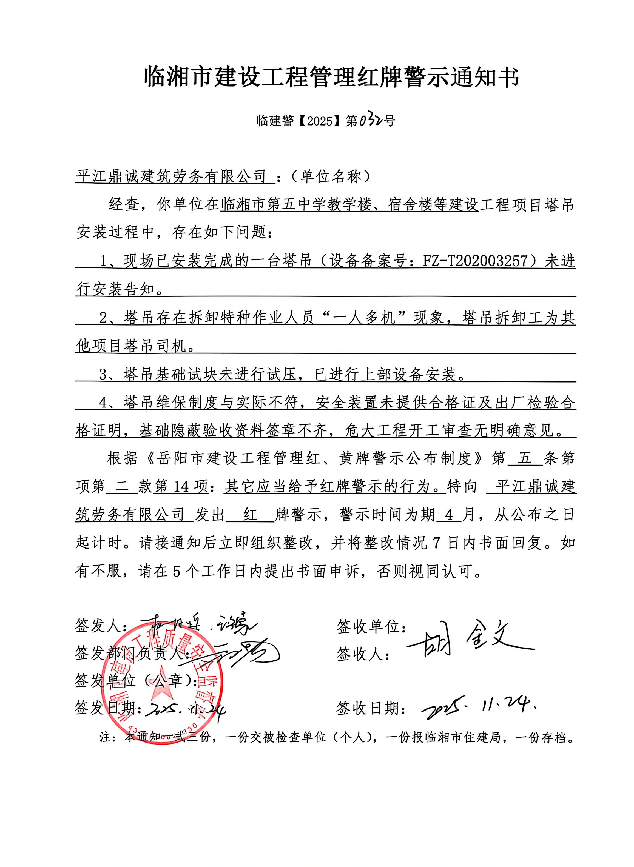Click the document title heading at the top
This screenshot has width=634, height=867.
(331, 77)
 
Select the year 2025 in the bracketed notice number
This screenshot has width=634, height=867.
(320, 121)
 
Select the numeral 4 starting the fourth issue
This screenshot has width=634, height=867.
(103, 403)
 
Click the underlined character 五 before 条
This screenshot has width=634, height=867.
(525, 458)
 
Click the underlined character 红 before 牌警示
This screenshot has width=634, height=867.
(250, 515)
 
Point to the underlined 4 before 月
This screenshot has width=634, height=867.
(450, 515)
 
